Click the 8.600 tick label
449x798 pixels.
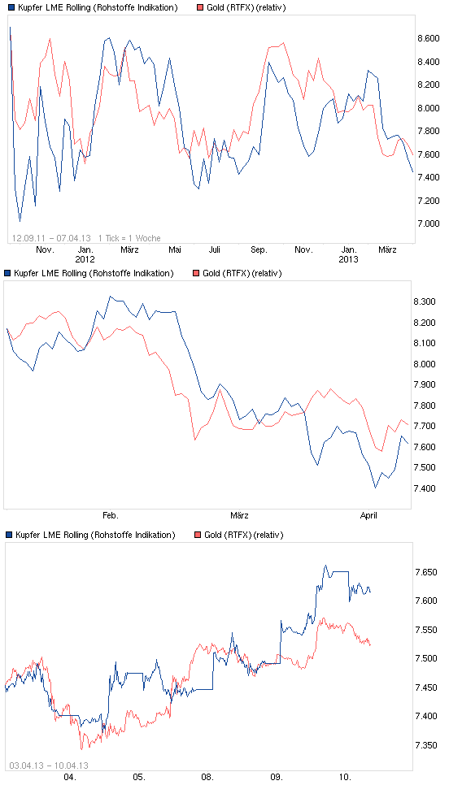coord(428,39)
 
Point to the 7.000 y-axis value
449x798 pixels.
coord(428,223)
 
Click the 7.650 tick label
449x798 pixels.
coord(428,573)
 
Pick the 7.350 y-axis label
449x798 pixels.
coord(428,745)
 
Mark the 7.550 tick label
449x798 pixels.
coord(428,630)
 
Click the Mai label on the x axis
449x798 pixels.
coord(175,250)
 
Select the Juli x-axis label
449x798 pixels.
coord(215,250)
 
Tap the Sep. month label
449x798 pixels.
coord(259,250)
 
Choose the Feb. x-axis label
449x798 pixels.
coord(111,515)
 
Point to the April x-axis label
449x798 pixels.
coord(368,515)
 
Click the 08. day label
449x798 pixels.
coord(207,777)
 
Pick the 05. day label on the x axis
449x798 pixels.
coord(138,777)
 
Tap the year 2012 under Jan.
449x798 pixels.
coord(85,259)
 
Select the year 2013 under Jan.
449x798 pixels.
coord(349,259)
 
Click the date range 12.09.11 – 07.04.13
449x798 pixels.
coord(51,237)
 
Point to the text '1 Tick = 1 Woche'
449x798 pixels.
coord(129,237)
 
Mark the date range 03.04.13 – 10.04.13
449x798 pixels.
coord(49,765)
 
